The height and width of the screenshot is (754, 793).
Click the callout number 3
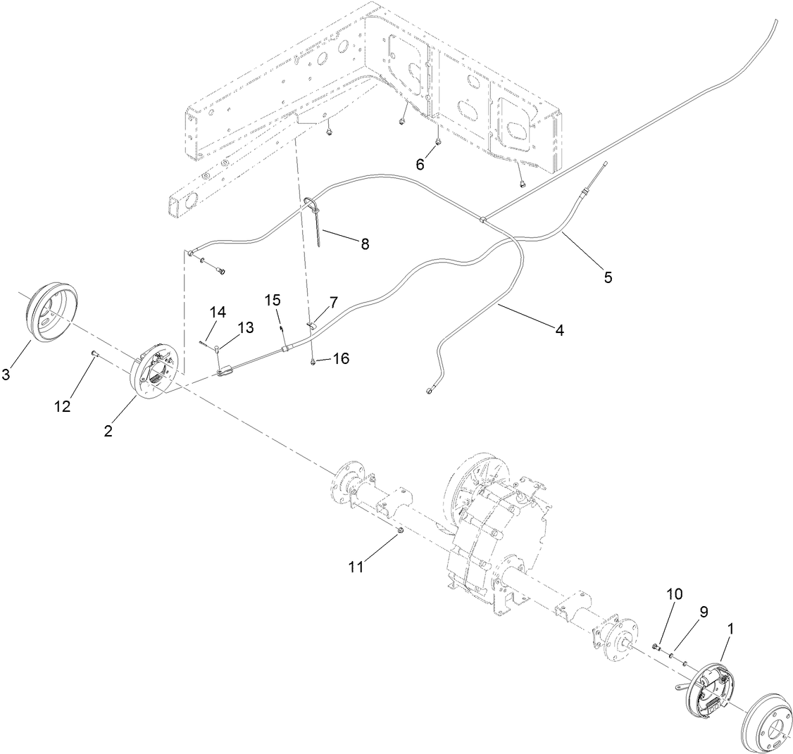6,375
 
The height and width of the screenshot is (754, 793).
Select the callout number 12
63,406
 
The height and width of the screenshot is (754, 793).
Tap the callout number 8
364,244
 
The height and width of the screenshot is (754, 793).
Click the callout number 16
340,359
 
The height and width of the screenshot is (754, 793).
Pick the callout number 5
606,277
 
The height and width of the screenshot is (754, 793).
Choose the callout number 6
420,164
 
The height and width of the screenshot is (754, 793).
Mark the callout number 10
674,595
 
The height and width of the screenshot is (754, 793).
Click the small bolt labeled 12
94,354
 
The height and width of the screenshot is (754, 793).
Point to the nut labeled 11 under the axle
399,530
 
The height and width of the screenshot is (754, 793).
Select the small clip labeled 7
312,325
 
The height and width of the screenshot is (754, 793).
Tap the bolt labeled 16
312,362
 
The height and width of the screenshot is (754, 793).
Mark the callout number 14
218,313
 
